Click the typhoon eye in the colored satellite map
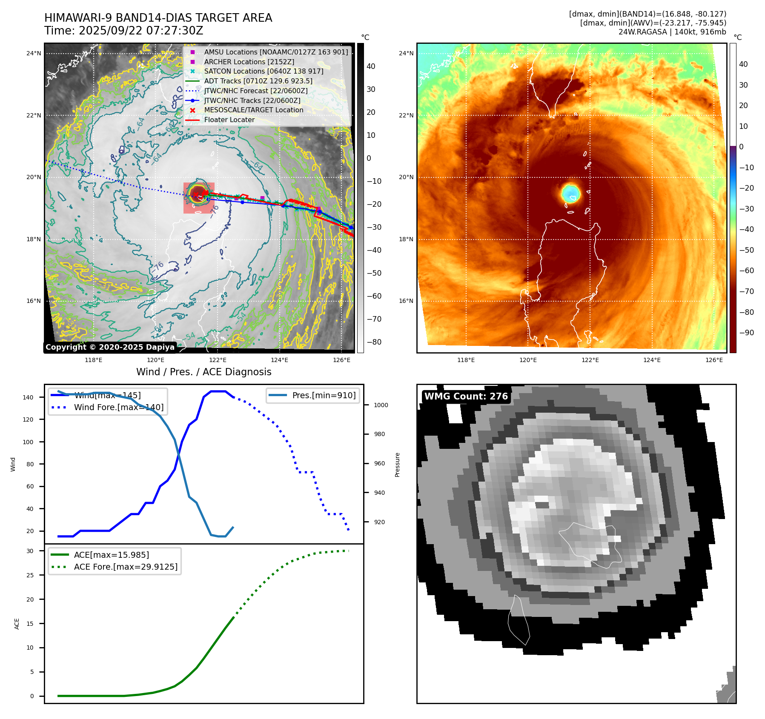coord(570,193)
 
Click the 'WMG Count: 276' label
coord(466,397)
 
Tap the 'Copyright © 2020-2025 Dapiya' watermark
coord(110,347)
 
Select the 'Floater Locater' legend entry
coord(229,120)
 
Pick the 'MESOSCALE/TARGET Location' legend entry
coord(253,110)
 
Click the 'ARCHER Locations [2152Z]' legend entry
coord(249,62)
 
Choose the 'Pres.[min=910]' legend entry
coord(324,395)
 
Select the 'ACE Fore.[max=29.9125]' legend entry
coord(126,567)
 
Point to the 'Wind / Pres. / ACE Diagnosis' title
coord(203,372)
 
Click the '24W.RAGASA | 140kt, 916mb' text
coord(672,32)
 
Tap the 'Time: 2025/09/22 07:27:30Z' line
coord(124,31)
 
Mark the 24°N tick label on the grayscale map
coord(34,54)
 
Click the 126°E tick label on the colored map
coord(714,360)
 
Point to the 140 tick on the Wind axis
coord(28,397)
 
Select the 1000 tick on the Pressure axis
coord(381,405)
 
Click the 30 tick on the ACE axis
coord(30,551)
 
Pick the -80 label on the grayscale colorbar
coord(374,342)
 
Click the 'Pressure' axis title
coord(398,465)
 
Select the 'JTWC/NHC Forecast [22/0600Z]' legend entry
coord(255,91)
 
